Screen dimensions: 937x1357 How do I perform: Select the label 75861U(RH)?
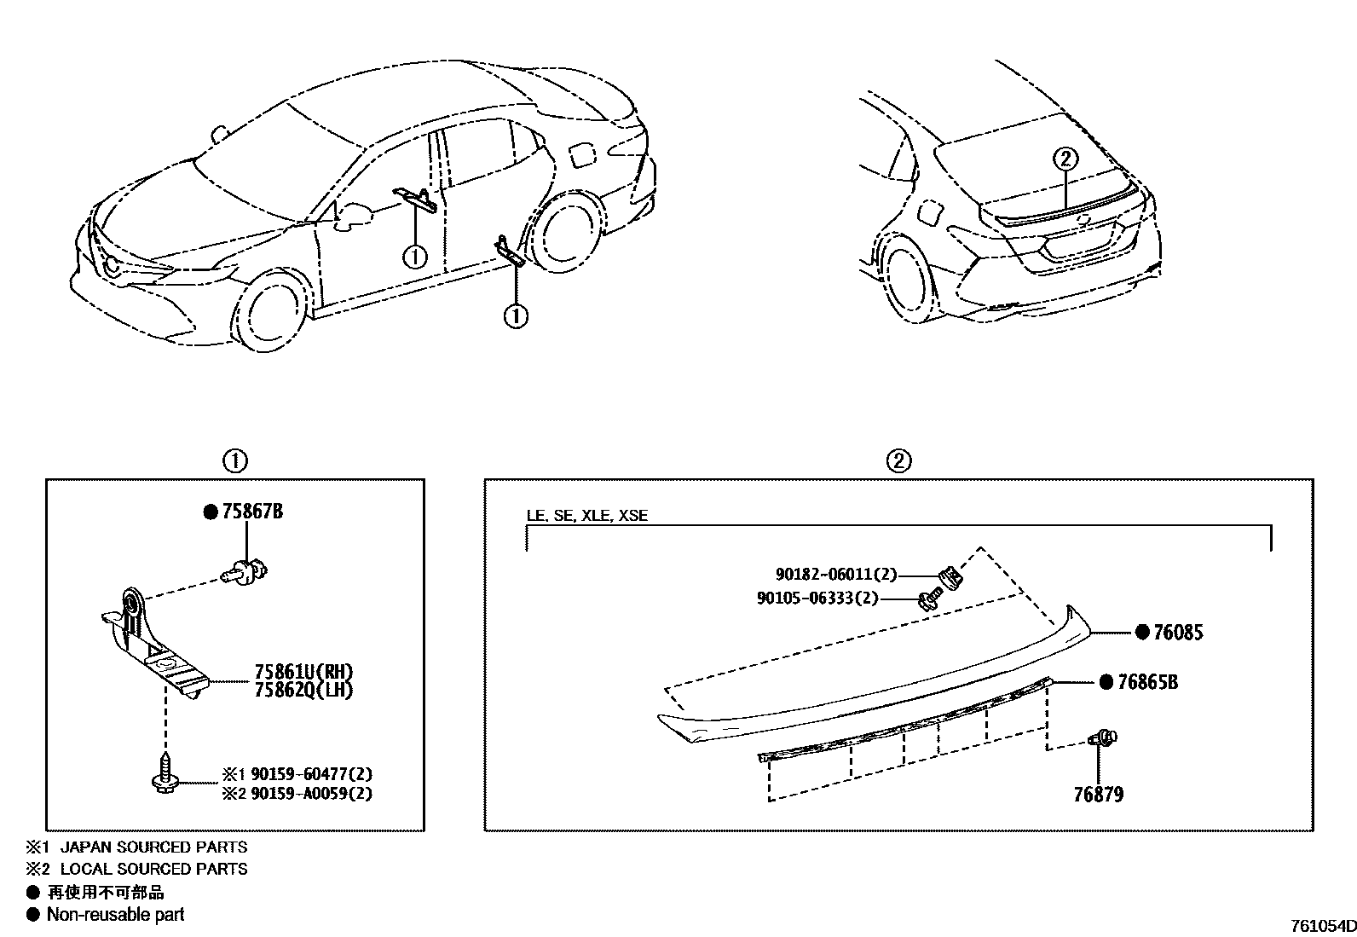303,671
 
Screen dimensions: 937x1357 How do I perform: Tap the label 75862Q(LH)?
303,690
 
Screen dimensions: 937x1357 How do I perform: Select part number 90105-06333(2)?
817,598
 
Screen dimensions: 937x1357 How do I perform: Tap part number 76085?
1178,633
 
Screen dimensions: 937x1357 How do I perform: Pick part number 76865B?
1147,682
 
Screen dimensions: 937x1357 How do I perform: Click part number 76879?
1098,795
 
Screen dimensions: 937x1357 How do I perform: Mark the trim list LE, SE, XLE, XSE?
586,516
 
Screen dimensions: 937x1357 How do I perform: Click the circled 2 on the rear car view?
1065,159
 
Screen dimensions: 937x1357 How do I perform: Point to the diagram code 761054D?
1322,927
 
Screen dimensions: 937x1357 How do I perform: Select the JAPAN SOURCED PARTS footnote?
153,847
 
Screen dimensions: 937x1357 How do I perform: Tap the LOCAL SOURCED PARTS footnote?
153,869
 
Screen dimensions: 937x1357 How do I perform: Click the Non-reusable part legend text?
115,915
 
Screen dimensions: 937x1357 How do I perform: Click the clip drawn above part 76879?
1103,737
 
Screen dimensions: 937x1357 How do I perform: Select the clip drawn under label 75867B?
245,573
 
